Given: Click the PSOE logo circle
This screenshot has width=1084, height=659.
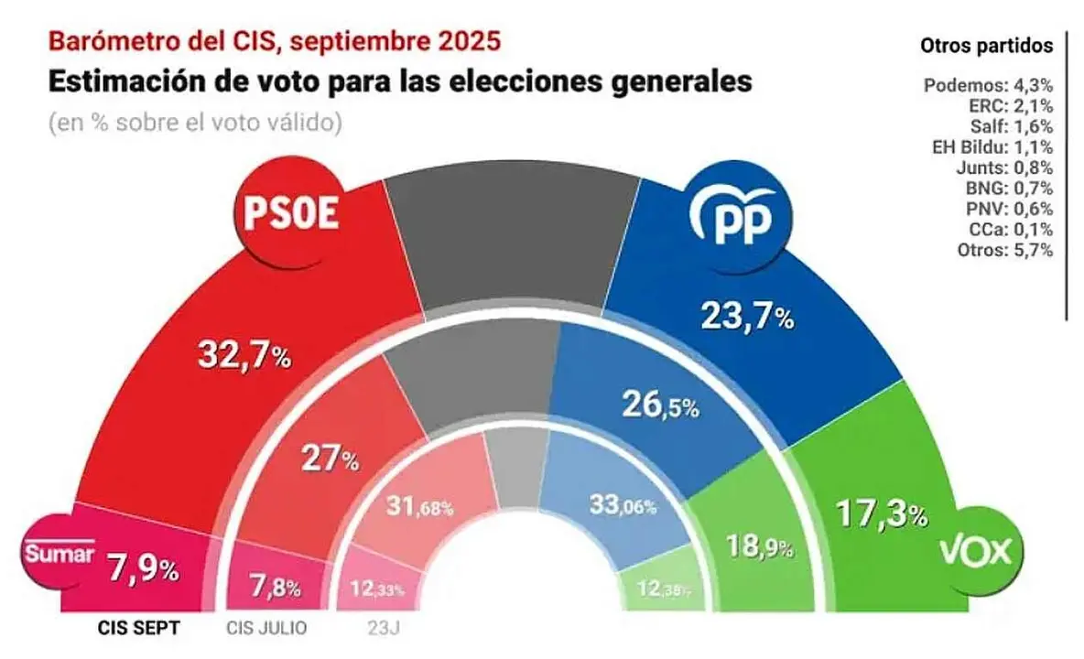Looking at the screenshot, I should coord(290,214).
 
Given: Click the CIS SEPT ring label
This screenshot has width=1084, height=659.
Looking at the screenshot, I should coord(137,628).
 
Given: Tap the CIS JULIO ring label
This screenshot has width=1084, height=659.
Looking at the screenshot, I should coord(266,628).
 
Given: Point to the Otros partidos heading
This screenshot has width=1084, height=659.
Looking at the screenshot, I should coord(986,45).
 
